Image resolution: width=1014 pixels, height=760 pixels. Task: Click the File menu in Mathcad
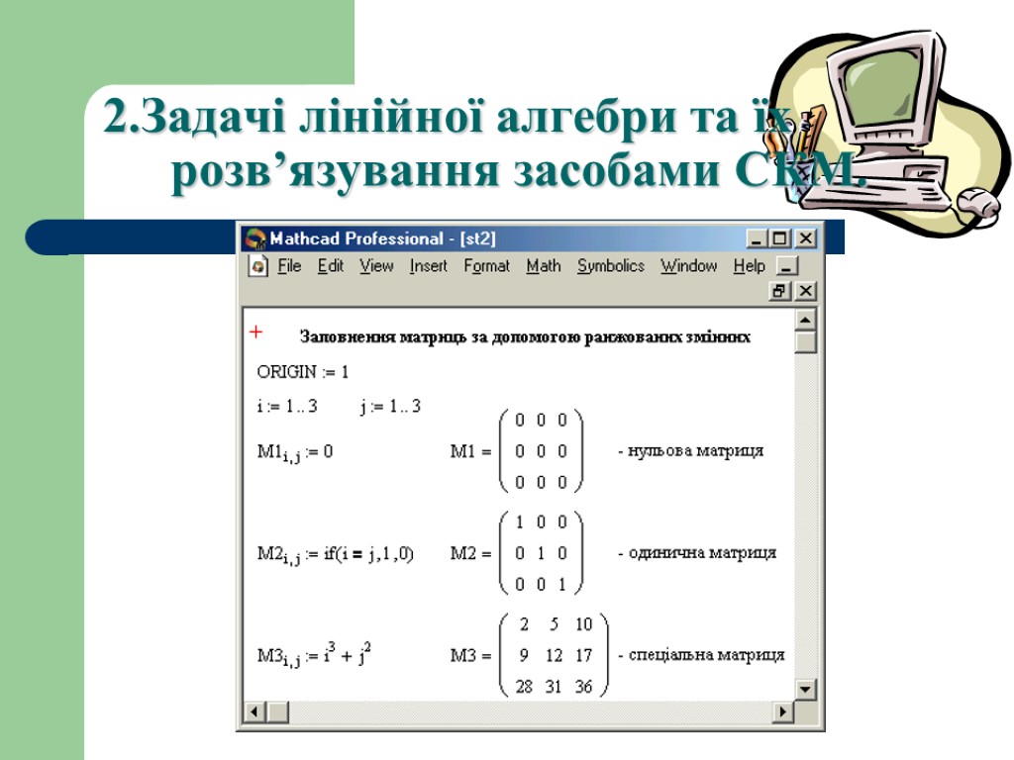click(x=289, y=266)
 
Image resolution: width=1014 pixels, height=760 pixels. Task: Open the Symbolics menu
click(x=610, y=266)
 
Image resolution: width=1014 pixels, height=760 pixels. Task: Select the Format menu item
click(x=486, y=266)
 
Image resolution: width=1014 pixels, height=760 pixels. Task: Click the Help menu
click(x=749, y=266)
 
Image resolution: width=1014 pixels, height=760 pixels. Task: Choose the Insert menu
click(x=428, y=266)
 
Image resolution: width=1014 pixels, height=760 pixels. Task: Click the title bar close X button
click(x=806, y=238)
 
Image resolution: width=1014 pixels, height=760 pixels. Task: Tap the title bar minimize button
click(x=758, y=238)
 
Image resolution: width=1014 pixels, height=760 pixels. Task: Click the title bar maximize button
click(x=780, y=238)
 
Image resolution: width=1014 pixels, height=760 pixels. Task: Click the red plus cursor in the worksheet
click(x=255, y=332)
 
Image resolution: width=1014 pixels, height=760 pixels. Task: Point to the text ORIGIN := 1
click(x=303, y=373)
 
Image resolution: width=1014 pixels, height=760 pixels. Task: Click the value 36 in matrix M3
click(x=583, y=687)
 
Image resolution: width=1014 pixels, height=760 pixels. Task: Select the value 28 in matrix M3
click(x=523, y=687)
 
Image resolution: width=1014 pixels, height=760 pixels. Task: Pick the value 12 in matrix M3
click(x=554, y=655)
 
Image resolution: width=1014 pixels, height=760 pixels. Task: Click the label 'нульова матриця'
click(x=690, y=451)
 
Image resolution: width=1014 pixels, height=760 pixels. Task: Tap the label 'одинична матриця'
click(x=696, y=553)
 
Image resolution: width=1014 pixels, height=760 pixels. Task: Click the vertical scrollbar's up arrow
click(x=806, y=321)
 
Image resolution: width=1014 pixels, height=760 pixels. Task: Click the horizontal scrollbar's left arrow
click(x=254, y=712)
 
